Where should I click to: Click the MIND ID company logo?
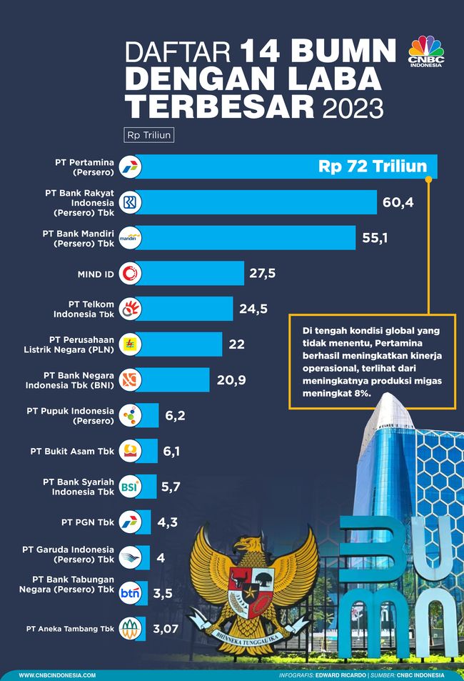[131, 273]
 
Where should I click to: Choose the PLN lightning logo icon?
[131, 344]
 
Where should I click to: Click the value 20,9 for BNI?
[231, 379]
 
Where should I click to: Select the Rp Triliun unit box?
[149, 134]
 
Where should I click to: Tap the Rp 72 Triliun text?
[373, 167]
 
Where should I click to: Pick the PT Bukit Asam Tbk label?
[72, 451]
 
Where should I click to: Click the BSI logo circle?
[131, 486]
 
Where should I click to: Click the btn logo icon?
[131, 593]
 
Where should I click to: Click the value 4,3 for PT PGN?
[167, 522]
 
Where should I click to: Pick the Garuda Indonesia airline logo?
[131, 557]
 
